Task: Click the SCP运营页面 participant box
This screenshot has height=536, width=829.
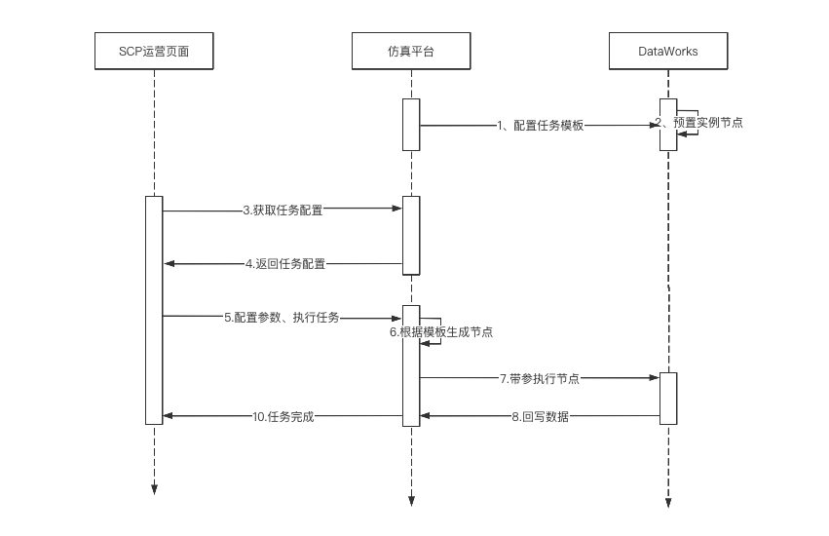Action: point(154,51)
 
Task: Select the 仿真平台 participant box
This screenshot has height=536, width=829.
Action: point(410,51)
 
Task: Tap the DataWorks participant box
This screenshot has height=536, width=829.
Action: point(667,51)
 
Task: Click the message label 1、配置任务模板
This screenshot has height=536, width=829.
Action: point(540,125)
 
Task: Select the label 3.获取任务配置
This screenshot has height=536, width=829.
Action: point(283,210)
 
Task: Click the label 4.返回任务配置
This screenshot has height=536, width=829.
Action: point(284,264)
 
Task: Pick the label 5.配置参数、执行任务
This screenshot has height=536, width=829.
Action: point(282,317)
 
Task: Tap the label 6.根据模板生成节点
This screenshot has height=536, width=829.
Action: point(441,332)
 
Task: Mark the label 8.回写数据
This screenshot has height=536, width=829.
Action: point(540,417)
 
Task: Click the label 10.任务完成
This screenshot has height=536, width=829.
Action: point(283,417)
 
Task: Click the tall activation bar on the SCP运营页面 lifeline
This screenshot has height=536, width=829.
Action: point(154,310)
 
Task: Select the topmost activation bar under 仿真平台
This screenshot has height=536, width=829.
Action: point(410,124)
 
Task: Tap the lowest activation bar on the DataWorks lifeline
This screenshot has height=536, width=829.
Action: point(667,398)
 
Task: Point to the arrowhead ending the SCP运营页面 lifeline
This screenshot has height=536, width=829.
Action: point(154,489)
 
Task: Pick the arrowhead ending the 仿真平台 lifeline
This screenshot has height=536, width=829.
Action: point(410,502)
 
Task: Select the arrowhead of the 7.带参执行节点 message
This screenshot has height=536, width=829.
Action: point(655,378)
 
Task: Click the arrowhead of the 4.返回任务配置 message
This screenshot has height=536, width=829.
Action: point(169,264)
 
